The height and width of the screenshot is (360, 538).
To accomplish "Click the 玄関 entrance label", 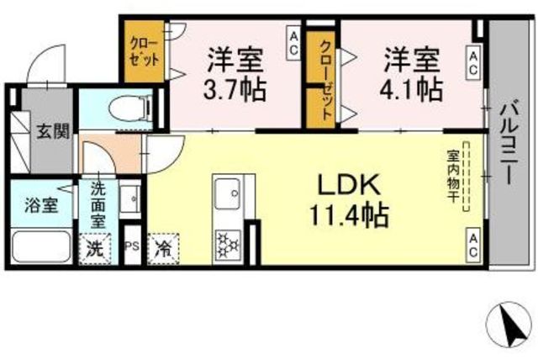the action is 53,131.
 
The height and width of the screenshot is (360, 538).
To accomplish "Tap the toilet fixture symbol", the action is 131,109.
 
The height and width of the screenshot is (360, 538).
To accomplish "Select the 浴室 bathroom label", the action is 41,205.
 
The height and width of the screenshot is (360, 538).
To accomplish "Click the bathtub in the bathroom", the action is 41,246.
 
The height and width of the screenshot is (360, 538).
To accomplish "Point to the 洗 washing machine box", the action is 95,249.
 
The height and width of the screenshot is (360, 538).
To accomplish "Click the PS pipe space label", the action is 132,246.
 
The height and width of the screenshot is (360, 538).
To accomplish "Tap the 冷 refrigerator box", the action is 163,249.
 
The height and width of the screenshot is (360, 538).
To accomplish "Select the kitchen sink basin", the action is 228,194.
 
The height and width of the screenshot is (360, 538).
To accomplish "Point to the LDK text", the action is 350,185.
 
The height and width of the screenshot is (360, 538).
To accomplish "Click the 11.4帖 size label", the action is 349,216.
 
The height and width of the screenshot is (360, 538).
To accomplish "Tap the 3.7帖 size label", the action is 235,89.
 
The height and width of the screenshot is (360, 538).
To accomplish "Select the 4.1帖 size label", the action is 411,89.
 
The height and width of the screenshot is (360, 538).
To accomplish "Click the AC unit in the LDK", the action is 472,245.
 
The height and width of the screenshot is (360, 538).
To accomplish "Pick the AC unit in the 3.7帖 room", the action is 293,44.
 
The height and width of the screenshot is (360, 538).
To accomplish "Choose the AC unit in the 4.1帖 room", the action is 472,63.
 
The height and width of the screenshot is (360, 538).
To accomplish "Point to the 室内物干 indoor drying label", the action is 452,176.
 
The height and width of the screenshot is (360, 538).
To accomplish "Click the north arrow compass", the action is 509,325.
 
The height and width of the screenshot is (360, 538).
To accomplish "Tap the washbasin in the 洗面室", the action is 129,199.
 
